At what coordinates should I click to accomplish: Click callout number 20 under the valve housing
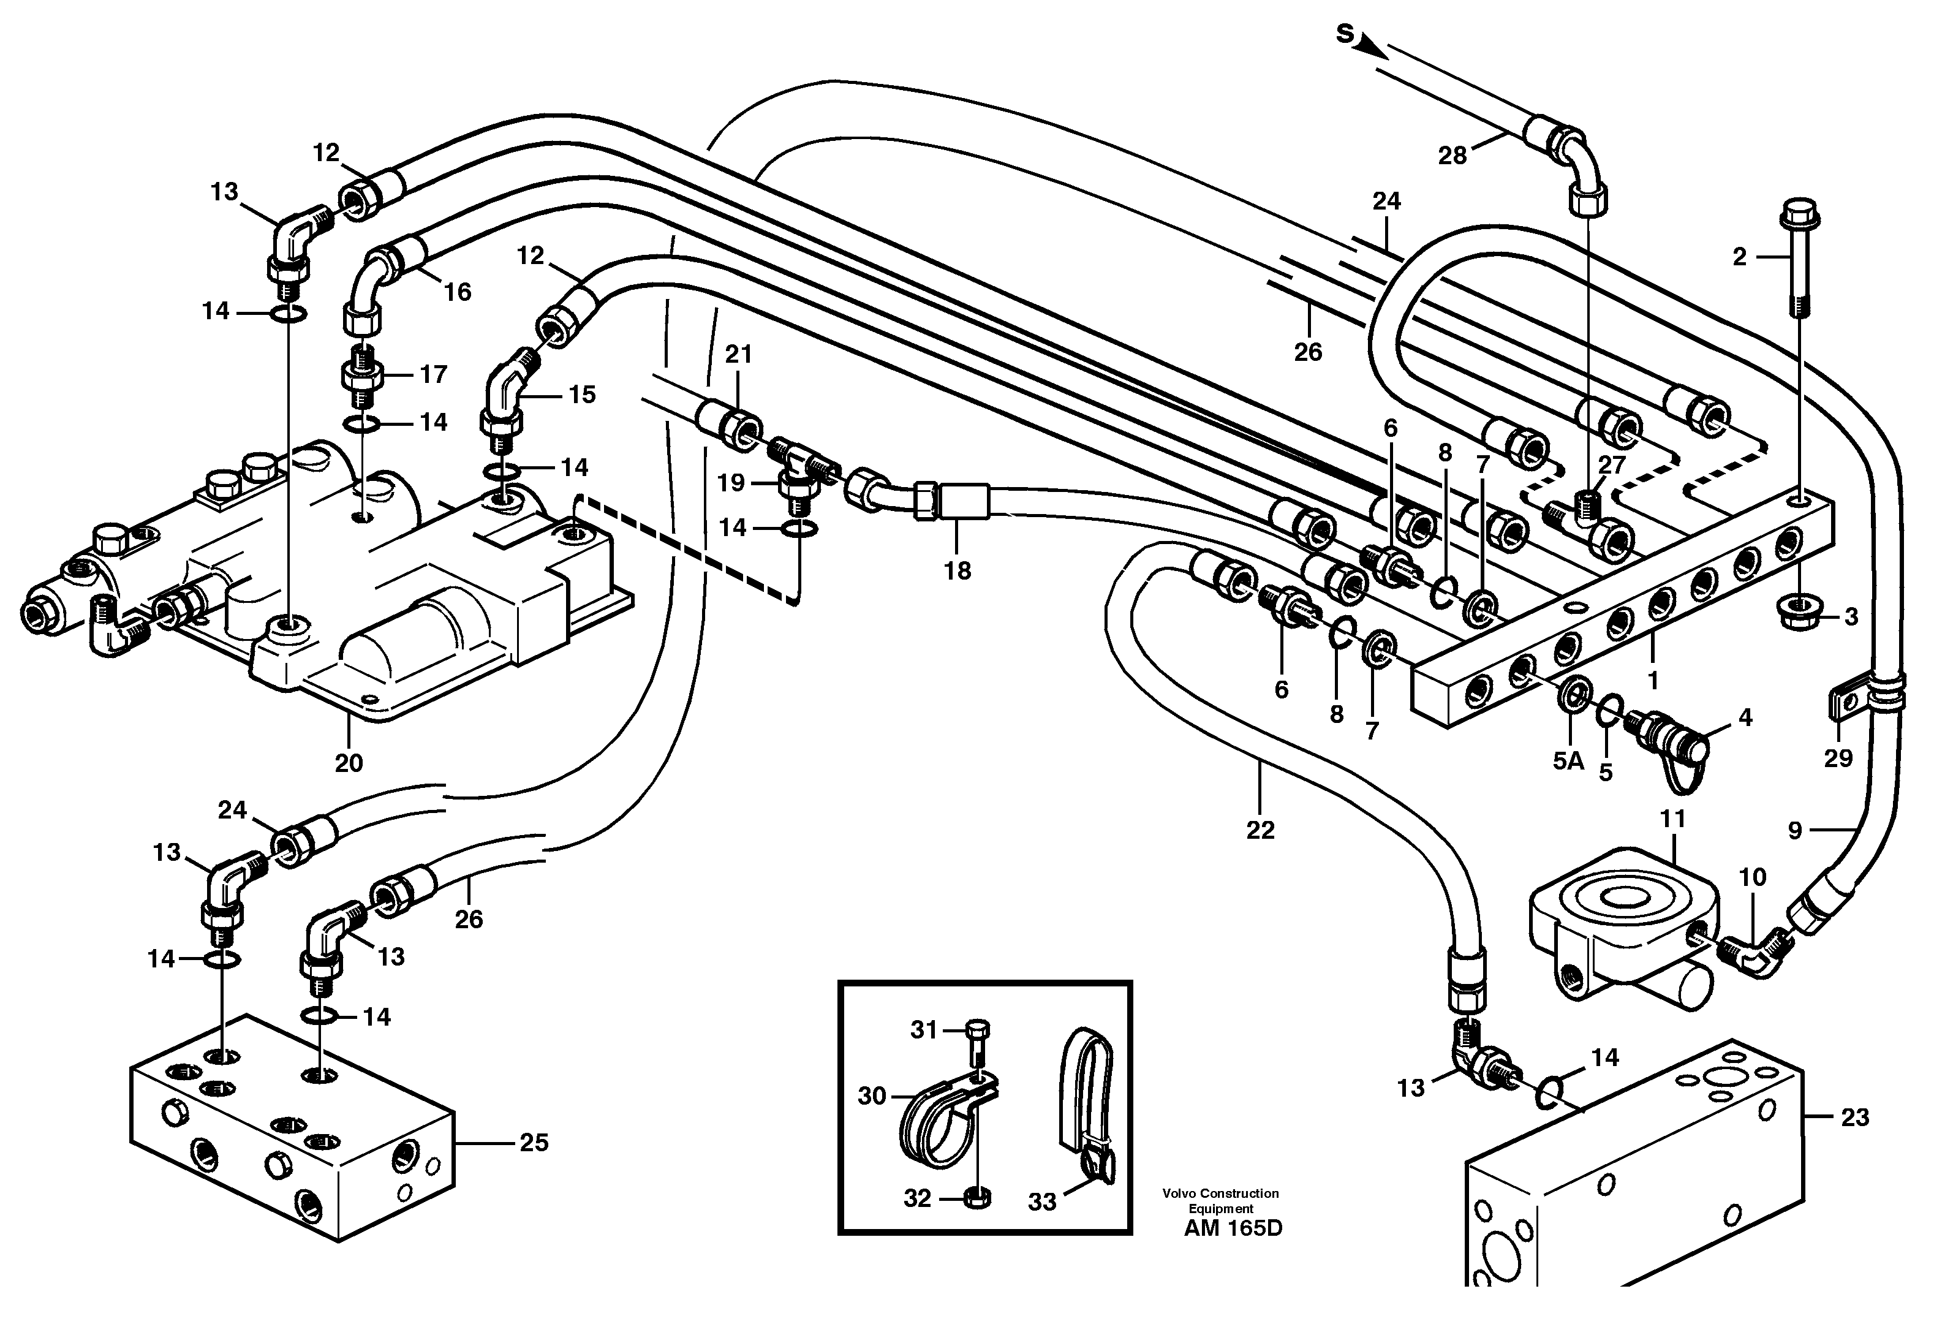(x=349, y=762)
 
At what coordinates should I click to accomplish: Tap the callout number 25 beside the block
(x=534, y=1143)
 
